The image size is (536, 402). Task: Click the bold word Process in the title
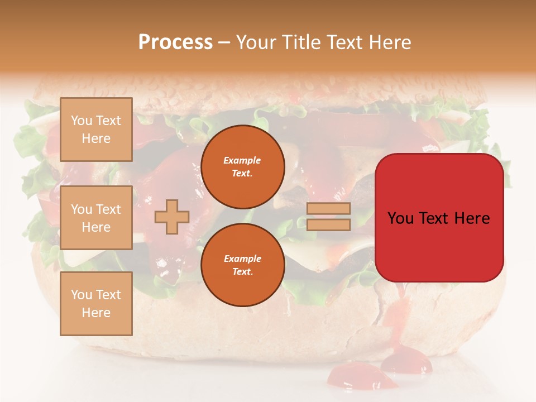point(175,42)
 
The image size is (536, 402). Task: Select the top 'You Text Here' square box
point(96,130)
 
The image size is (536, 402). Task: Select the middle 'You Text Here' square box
point(96,218)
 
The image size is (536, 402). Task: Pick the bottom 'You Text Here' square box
point(96,304)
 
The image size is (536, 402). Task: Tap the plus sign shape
point(172,217)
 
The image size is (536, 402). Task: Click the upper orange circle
point(242,167)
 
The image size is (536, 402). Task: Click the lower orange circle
point(242,265)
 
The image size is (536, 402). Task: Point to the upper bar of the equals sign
point(328,209)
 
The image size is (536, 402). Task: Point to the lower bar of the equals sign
point(328,224)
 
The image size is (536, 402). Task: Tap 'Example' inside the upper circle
point(242,160)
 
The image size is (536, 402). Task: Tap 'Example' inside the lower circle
point(242,259)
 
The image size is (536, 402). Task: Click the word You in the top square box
point(82,121)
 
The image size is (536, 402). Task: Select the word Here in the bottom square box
point(96,313)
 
